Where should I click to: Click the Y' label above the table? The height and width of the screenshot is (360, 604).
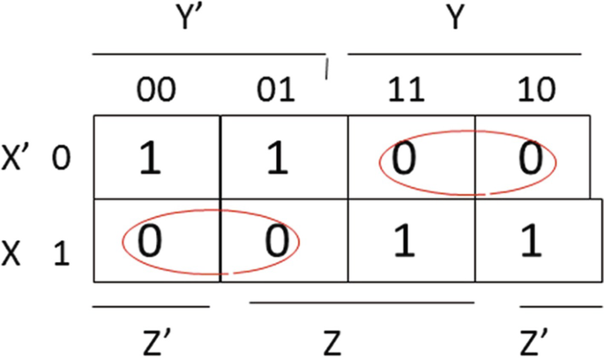201,20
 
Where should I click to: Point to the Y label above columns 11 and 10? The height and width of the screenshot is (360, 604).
454,19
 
